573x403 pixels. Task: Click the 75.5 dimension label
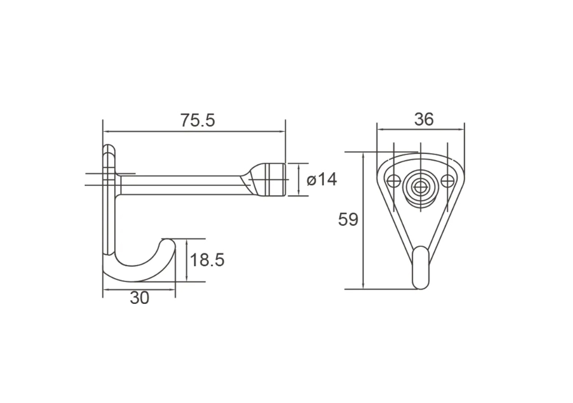click(198, 121)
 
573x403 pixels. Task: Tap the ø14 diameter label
click(322, 180)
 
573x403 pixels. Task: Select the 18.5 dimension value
click(207, 260)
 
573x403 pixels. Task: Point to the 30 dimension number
click(140, 298)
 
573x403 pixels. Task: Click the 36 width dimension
click(424, 120)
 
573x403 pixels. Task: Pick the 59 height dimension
click(348, 220)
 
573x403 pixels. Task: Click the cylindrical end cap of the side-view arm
click(277, 179)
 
